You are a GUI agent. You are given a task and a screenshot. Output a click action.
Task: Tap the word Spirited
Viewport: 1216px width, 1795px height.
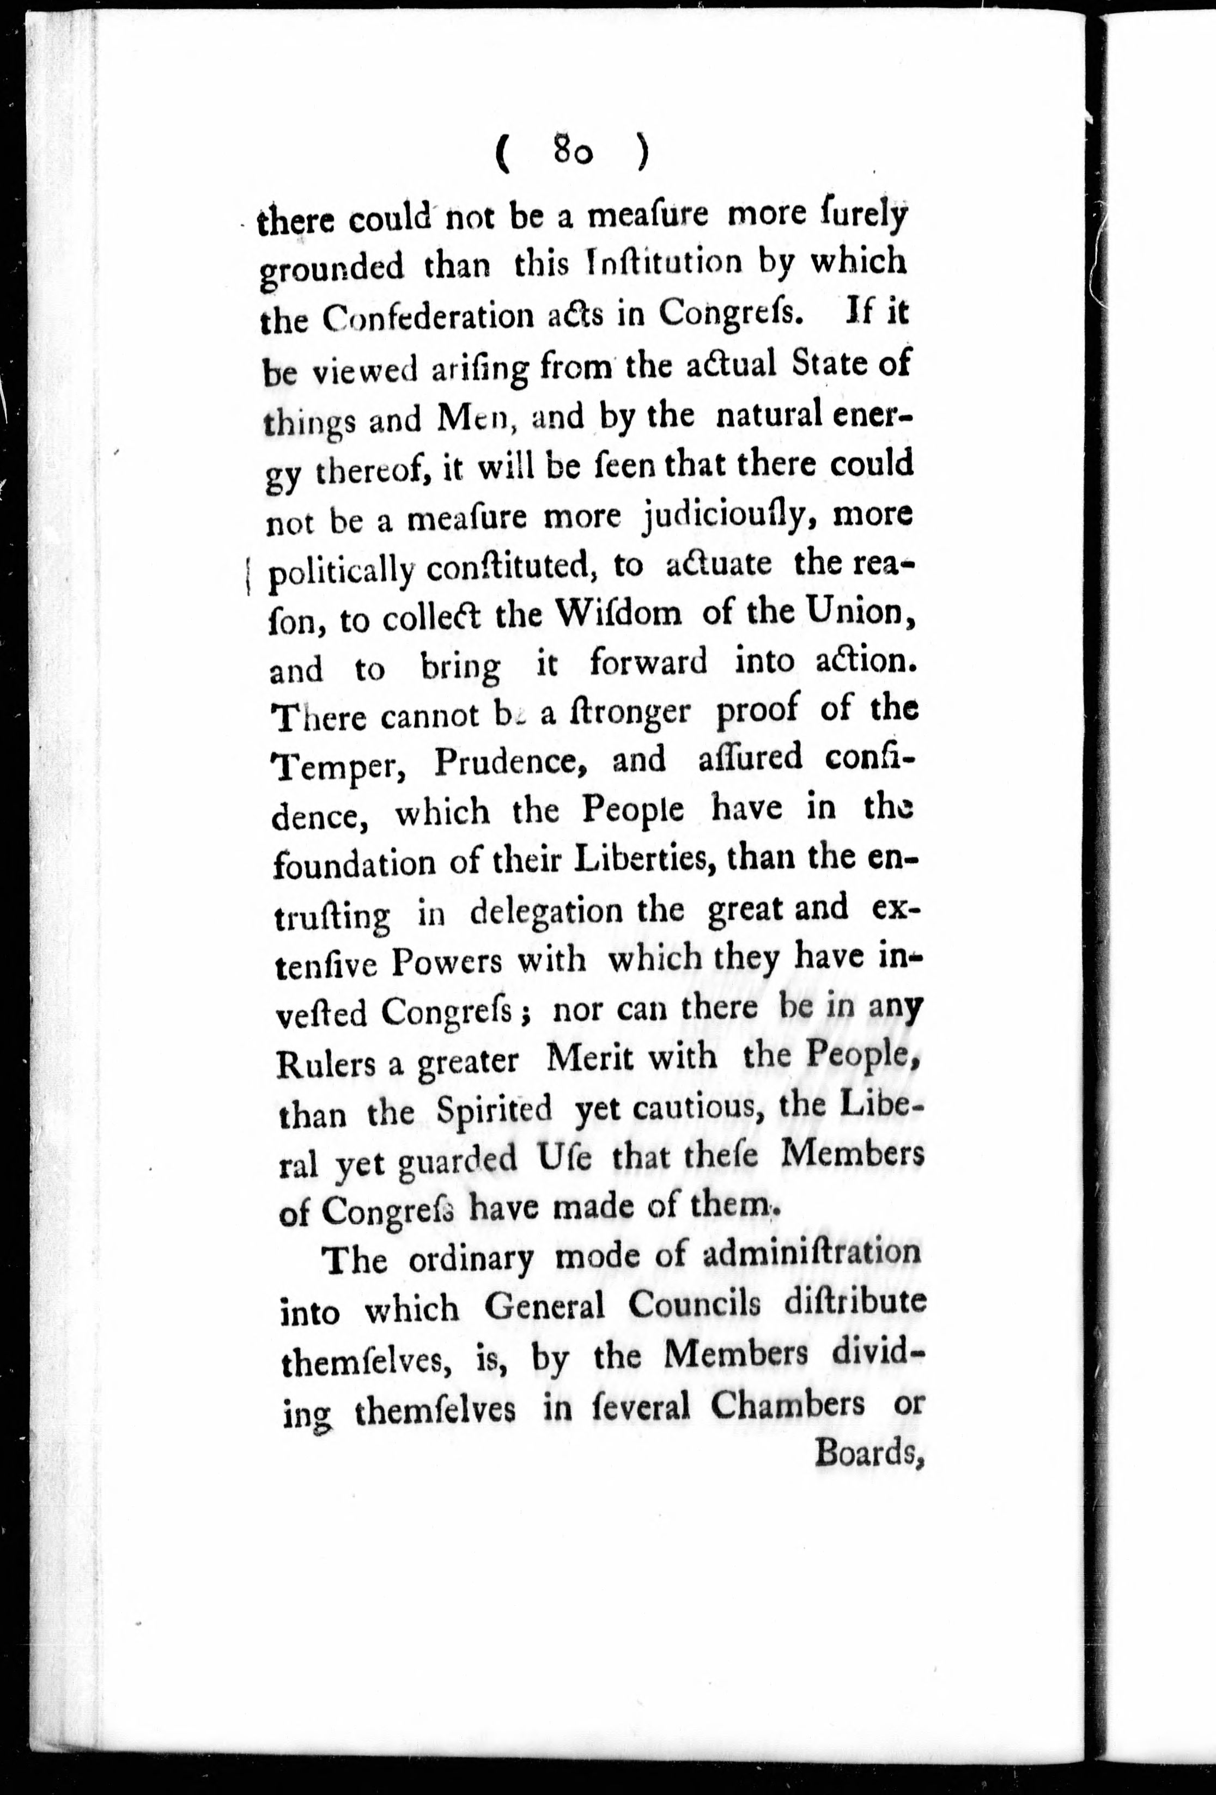[x=495, y=1110]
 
